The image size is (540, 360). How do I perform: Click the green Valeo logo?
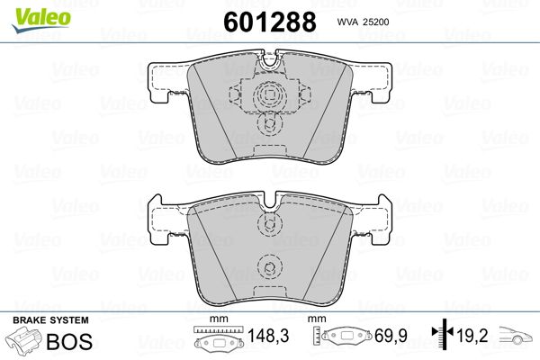(x=41, y=20)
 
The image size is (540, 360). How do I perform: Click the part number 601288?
(x=270, y=22)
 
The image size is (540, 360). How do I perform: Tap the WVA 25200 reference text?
(x=363, y=22)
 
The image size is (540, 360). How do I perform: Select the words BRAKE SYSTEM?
(x=50, y=320)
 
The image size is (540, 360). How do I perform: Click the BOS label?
(x=69, y=341)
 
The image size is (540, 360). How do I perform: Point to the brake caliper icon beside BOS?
(x=24, y=340)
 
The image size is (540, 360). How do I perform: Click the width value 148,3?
(x=268, y=336)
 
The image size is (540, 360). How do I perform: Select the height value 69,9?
(x=391, y=336)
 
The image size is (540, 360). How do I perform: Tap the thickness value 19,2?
(x=472, y=336)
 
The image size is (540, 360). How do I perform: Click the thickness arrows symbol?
(x=443, y=332)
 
